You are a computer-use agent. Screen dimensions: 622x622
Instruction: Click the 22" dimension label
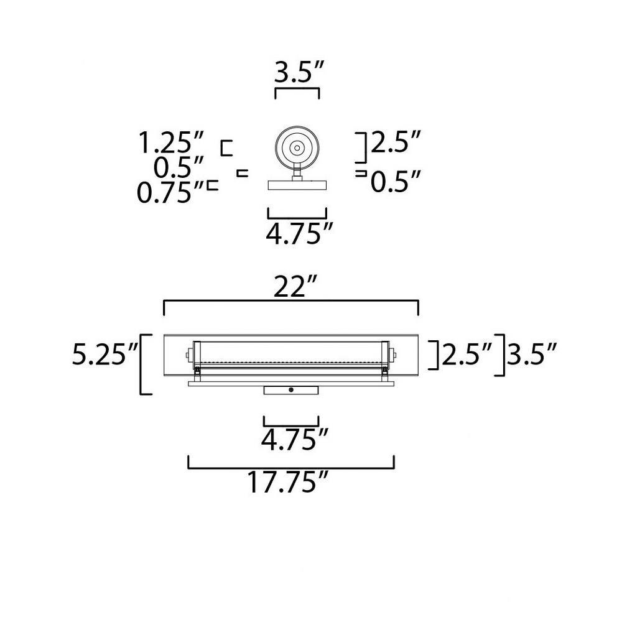pyautogui.click(x=295, y=286)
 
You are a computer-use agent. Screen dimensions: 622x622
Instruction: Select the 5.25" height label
pyautogui.click(x=105, y=354)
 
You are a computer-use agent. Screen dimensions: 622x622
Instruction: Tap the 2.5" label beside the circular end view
pyautogui.click(x=396, y=142)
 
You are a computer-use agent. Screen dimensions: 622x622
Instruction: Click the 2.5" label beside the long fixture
pyautogui.click(x=467, y=354)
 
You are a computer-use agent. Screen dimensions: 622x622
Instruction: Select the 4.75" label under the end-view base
pyautogui.click(x=299, y=234)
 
